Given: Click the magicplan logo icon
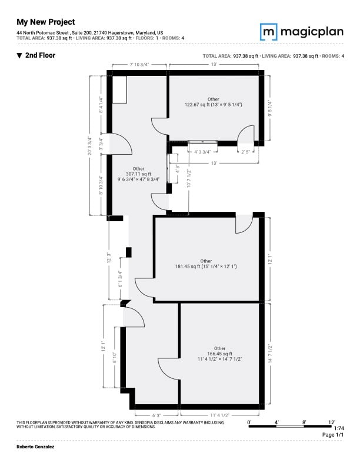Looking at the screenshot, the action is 268,32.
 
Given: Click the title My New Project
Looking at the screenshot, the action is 46,22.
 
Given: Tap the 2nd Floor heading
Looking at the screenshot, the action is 36,55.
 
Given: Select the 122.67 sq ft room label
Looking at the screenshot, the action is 214,102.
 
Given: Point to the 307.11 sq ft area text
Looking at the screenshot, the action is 138,174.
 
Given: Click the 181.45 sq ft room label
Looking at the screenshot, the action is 206,264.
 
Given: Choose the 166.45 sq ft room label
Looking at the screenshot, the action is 220,354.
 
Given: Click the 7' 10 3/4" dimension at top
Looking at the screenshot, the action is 139,64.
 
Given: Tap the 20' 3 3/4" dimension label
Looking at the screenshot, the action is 89,146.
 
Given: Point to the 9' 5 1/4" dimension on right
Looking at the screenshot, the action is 269,108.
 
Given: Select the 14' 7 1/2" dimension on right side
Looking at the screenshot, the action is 270,354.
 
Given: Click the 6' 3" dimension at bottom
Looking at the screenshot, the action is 156,415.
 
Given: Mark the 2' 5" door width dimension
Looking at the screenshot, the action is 245,152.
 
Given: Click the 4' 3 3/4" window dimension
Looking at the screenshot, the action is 202,152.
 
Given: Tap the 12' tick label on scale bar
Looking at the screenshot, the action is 332,422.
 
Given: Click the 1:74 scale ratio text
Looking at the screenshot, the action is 339,428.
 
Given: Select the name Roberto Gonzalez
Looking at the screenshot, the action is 35,447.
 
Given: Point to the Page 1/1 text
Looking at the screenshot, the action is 333,434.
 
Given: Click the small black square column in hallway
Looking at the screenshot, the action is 129,252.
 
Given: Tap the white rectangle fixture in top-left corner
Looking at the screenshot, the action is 119,89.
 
